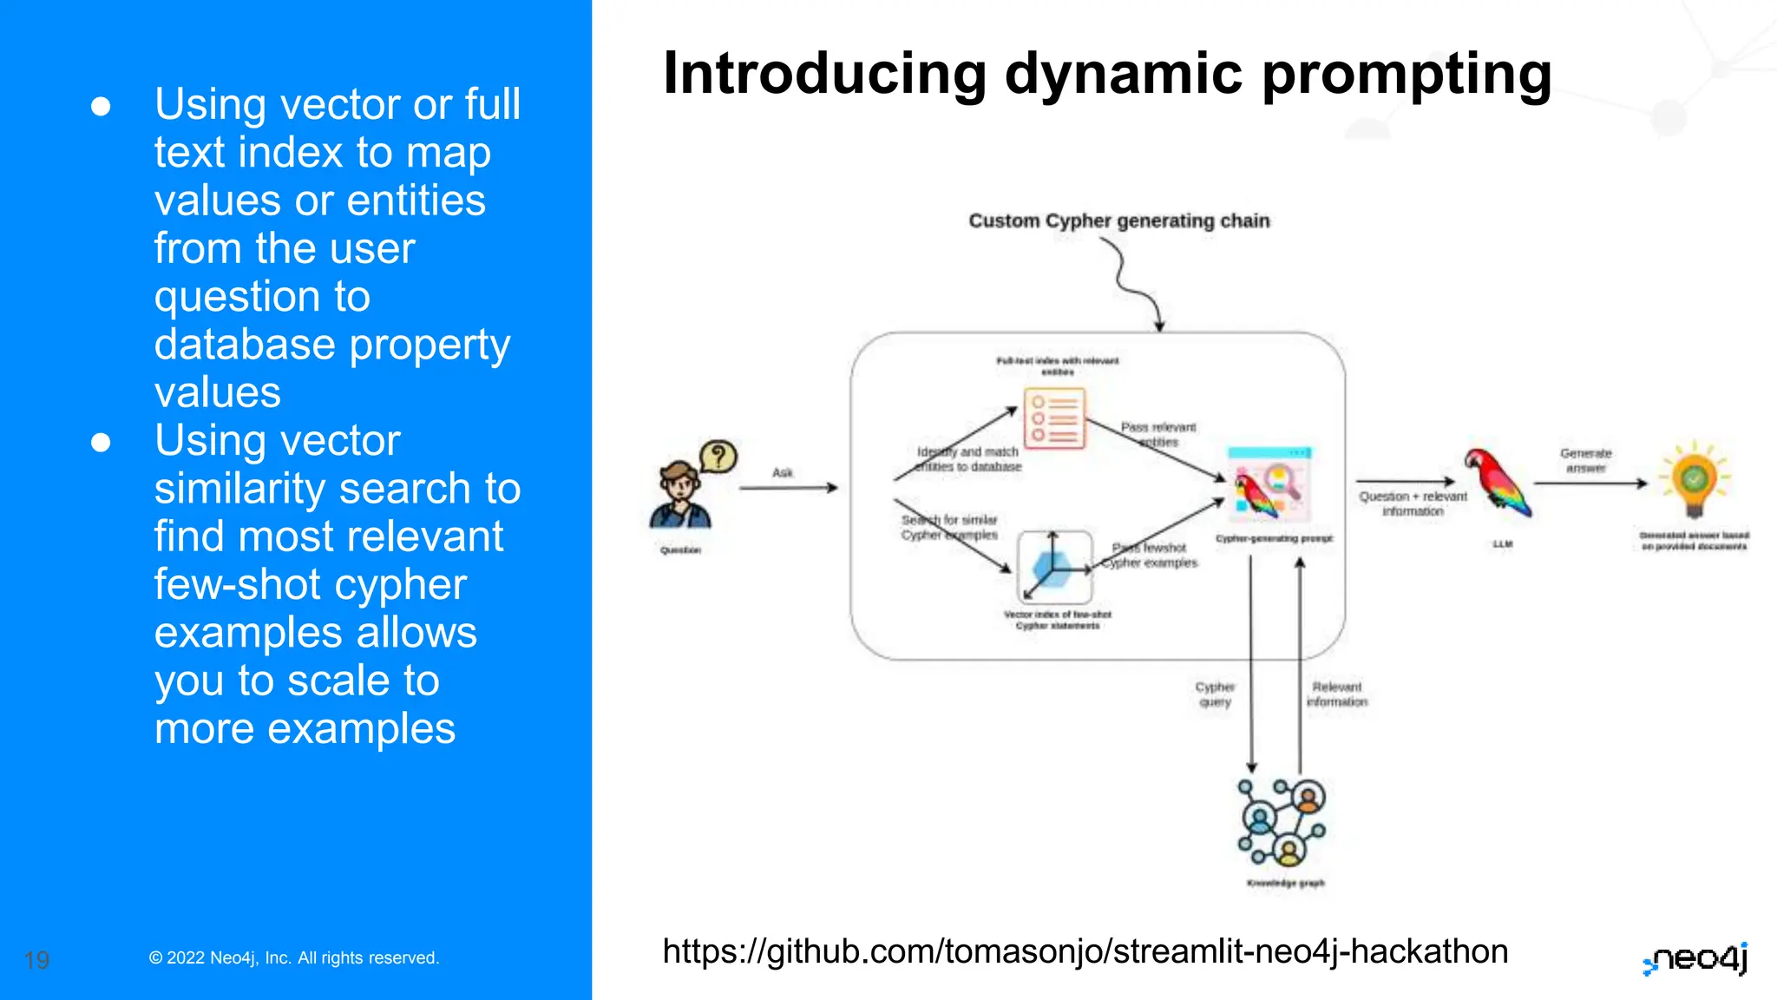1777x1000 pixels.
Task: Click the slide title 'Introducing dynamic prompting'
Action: [1106, 74]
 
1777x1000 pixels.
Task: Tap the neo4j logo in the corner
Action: [1695, 958]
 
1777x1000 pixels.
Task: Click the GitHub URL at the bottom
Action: [1085, 951]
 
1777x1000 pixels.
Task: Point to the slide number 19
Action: [36, 960]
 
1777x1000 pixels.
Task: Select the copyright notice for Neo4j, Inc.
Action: [294, 957]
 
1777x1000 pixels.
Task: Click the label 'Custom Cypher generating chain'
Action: [1118, 220]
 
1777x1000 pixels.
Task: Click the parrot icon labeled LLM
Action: [1497, 483]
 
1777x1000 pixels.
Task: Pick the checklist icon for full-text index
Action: [1054, 418]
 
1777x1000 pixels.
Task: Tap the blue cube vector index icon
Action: [1054, 567]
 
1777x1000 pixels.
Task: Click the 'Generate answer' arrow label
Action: [1585, 460]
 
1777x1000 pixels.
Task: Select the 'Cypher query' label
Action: [1215, 694]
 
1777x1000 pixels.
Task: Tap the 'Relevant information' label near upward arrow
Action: [1336, 694]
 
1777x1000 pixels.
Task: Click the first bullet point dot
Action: [101, 106]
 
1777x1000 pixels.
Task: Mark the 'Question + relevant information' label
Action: [1413, 503]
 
